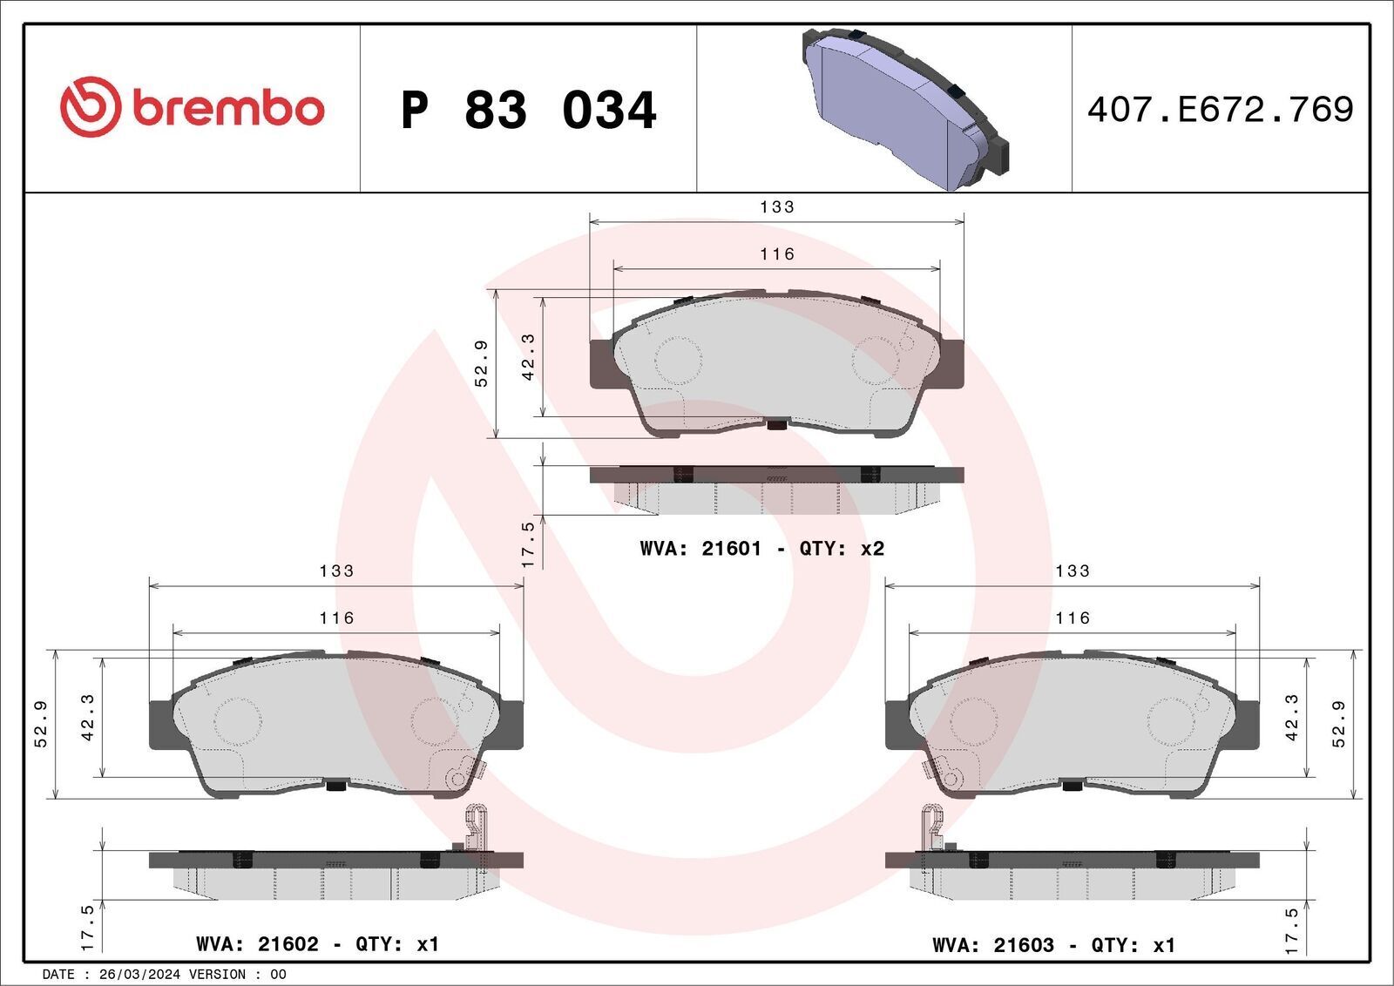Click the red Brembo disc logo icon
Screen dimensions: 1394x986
point(90,106)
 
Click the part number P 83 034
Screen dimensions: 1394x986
point(528,110)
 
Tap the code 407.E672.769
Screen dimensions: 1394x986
point(1220,110)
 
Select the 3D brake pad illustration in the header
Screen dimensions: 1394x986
point(905,109)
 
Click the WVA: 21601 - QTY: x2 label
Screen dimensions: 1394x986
point(761,549)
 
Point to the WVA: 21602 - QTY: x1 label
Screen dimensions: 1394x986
point(317,944)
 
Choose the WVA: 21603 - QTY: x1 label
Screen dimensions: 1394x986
point(1053,946)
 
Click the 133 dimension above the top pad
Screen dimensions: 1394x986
point(776,206)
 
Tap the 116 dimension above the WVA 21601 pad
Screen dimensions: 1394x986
point(776,253)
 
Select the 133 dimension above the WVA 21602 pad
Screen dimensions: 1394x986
point(336,571)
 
